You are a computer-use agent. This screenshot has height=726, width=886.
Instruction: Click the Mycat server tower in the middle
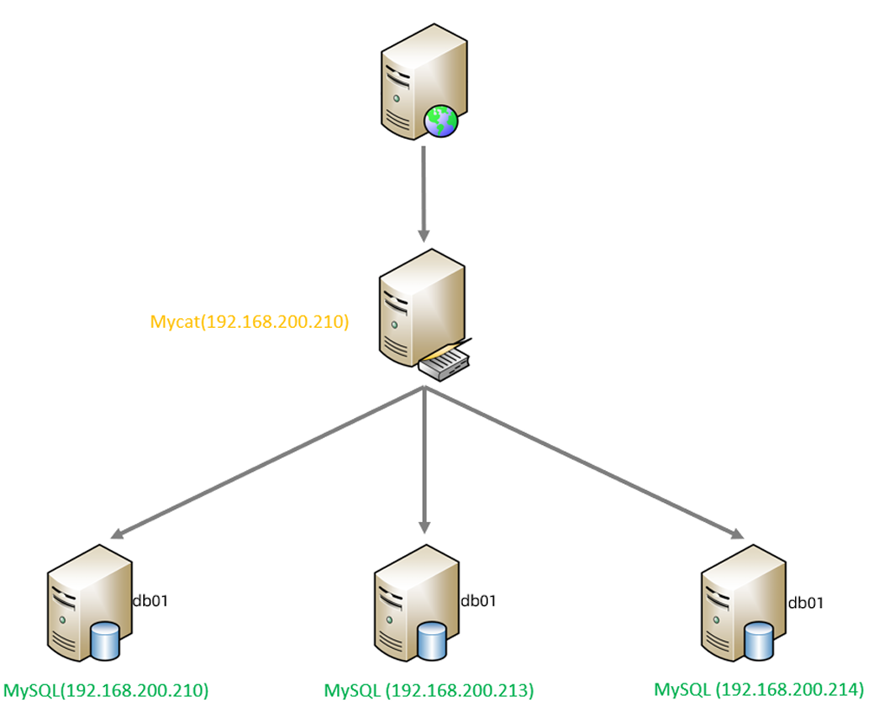[416, 308]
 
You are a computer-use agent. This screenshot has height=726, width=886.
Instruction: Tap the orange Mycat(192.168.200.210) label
[250, 323]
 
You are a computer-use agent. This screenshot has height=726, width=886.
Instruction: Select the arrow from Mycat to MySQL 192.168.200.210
[269, 464]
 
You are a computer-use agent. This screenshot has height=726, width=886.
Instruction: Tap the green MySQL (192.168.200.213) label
[428, 691]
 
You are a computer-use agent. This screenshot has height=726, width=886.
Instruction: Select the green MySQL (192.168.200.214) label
[759, 690]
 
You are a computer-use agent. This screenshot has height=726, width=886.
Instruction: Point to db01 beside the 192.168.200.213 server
[479, 600]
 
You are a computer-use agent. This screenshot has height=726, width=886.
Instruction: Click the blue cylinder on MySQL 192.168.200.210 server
[104, 640]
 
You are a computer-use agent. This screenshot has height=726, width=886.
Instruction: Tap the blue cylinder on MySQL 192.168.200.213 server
[431, 641]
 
